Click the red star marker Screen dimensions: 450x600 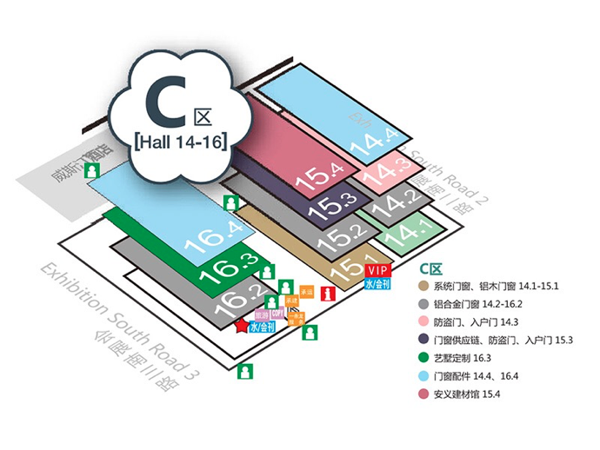click(241, 326)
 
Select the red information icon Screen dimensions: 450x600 click(327, 294)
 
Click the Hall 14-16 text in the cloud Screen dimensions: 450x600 click(182, 140)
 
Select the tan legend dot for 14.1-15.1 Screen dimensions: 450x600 click(423, 287)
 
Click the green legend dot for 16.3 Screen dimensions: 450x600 click(423, 357)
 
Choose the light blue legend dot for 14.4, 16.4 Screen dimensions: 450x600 click(423, 375)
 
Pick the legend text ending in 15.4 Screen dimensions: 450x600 click(478, 394)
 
